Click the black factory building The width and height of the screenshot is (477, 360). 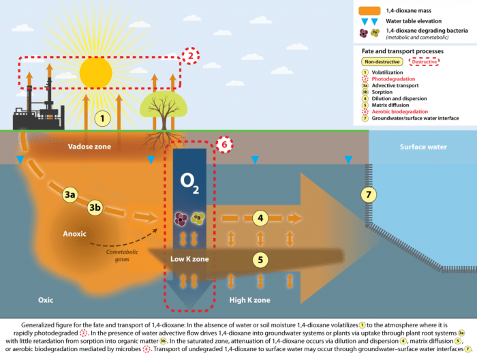pos(38,113)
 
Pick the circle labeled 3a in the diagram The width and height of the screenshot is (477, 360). pos(70,195)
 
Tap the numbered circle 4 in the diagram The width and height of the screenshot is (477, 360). pos(259,218)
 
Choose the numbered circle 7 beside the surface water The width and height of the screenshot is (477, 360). pos(369,195)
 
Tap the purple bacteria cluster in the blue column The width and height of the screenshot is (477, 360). pos(182,218)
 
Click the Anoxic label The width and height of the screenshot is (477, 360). pos(74,234)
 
